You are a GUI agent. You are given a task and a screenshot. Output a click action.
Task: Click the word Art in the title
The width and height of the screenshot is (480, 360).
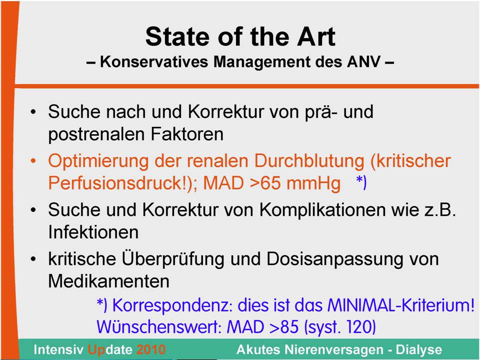[316, 36]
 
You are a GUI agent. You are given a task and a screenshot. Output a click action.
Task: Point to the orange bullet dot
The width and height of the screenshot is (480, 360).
[33, 160]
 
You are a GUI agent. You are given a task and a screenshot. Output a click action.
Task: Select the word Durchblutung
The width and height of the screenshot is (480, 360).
[309, 160]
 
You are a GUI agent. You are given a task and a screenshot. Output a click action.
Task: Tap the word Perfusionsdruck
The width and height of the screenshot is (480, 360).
[117, 183]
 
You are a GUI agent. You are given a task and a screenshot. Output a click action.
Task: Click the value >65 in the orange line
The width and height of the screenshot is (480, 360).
[265, 183]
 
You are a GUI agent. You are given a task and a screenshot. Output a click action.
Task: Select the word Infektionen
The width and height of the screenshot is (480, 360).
[93, 232]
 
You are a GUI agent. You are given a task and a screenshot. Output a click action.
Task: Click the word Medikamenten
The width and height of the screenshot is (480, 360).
[108, 281]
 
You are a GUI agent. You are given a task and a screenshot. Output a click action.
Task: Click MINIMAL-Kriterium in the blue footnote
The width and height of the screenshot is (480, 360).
[401, 305]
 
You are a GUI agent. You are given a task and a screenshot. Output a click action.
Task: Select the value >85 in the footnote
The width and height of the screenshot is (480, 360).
[284, 327]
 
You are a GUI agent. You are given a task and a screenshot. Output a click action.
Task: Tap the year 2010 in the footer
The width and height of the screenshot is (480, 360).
[151, 349]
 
